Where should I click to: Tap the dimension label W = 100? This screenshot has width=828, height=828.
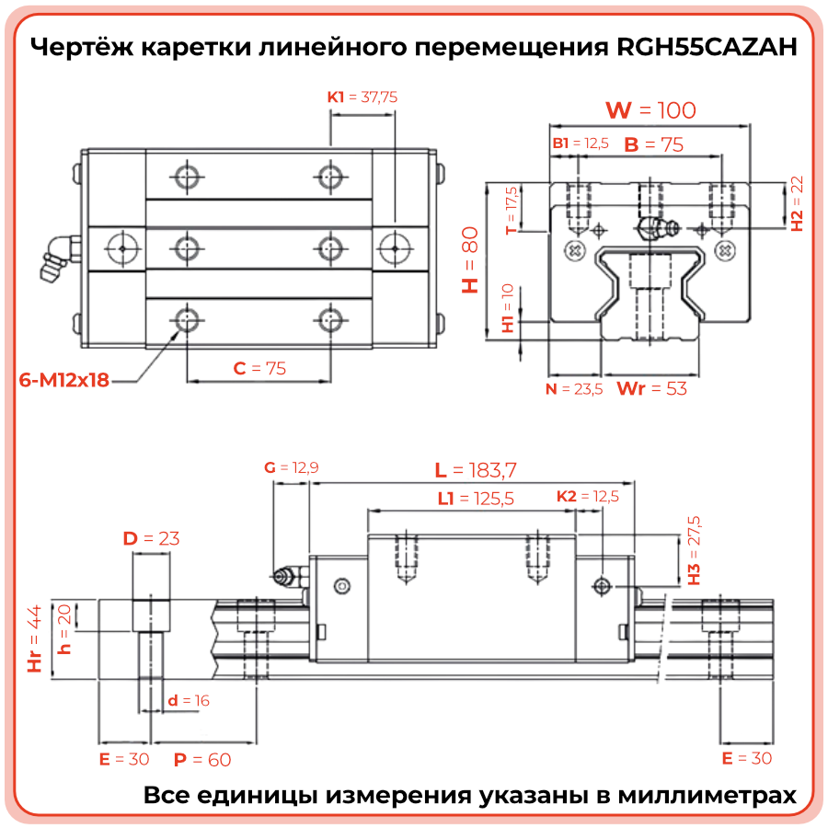tap(650, 110)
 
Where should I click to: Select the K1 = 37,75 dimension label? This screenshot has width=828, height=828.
tap(362, 96)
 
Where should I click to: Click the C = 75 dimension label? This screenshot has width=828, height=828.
tap(259, 369)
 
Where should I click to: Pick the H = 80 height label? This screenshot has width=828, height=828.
tap(470, 259)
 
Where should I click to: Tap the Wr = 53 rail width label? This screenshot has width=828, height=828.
tap(651, 389)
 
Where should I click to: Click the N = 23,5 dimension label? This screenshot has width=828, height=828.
tap(573, 389)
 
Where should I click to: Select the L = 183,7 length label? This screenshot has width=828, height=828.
tap(476, 470)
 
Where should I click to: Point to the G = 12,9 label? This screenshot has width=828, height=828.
tap(291, 467)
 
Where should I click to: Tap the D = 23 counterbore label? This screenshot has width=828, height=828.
tap(151, 538)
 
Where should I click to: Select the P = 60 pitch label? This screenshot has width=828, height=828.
tap(202, 759)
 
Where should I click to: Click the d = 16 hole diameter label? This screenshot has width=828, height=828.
tap(189, 701)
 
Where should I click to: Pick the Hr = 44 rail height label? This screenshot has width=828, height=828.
tap(35, 639)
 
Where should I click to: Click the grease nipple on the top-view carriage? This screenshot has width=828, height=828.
tap(54, 257)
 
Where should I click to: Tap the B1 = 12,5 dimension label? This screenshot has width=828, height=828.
tap(581, 144)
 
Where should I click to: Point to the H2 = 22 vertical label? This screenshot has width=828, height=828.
tap(797, 203)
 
